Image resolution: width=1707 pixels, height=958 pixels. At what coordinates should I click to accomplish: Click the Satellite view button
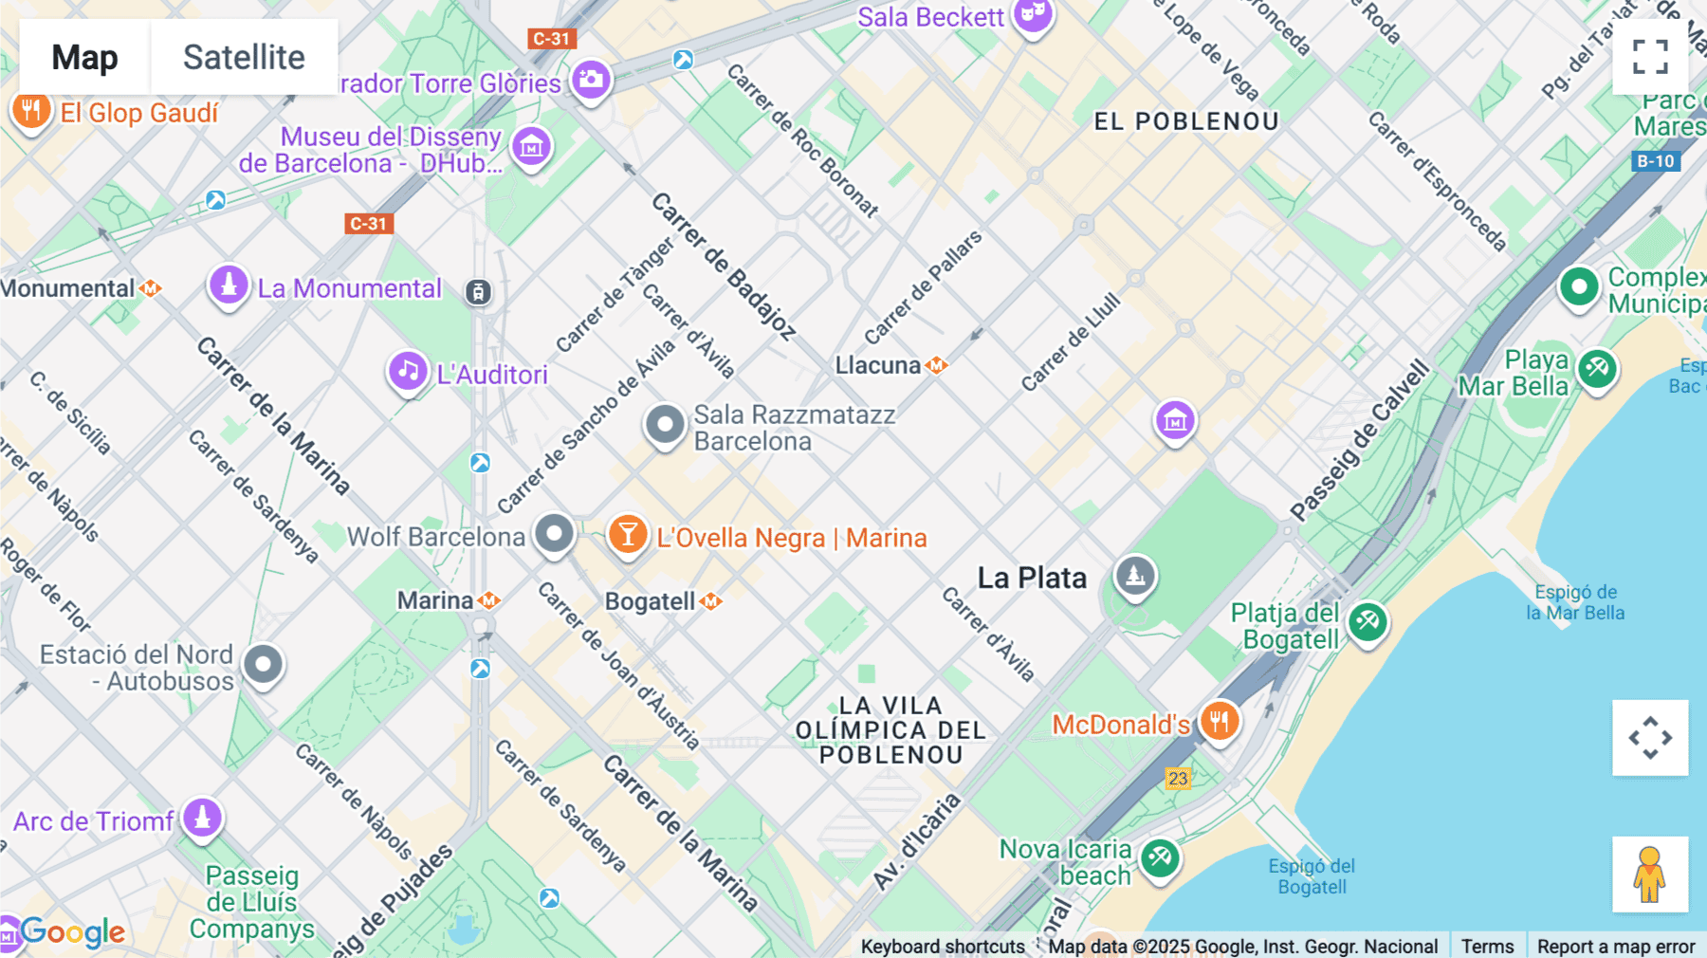point(244,57)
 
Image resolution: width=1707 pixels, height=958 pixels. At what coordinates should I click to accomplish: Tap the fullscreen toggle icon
point(1650,57)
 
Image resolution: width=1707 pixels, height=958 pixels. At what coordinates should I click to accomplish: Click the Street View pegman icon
point(1650,874)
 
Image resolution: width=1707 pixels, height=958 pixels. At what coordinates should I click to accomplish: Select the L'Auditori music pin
point(408,372)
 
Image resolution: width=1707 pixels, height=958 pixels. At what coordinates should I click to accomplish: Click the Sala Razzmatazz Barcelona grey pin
point(665,425)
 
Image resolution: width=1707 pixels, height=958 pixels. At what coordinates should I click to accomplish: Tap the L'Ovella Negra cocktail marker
point(627,535)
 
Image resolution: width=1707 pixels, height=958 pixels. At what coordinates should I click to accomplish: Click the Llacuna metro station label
point(878,365)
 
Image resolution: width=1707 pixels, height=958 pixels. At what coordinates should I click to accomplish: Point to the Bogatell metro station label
point(651,601)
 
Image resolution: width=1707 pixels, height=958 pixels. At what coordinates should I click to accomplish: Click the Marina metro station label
point(435,600)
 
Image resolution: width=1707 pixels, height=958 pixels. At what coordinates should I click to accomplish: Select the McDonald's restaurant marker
point(1219,722)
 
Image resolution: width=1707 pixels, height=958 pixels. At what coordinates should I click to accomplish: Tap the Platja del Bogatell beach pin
point(1367,623)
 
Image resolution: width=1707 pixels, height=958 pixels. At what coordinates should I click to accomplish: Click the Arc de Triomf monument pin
point(202,818)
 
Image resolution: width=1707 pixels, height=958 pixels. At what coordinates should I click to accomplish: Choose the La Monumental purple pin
point(229,285)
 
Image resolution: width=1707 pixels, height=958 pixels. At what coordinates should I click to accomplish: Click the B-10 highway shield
point(1656,161)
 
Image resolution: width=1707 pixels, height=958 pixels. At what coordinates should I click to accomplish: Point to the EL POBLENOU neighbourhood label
point(1186,121)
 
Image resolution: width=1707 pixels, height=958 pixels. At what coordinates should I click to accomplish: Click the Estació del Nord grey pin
point(264,665)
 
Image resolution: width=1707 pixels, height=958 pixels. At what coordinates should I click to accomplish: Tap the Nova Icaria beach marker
point(1159,859)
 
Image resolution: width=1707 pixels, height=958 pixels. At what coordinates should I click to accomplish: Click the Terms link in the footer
point(1487,946)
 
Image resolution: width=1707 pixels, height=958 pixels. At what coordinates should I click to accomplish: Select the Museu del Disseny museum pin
point(531,147)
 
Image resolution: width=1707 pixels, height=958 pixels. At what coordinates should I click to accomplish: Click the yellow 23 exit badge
point(1177,779)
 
